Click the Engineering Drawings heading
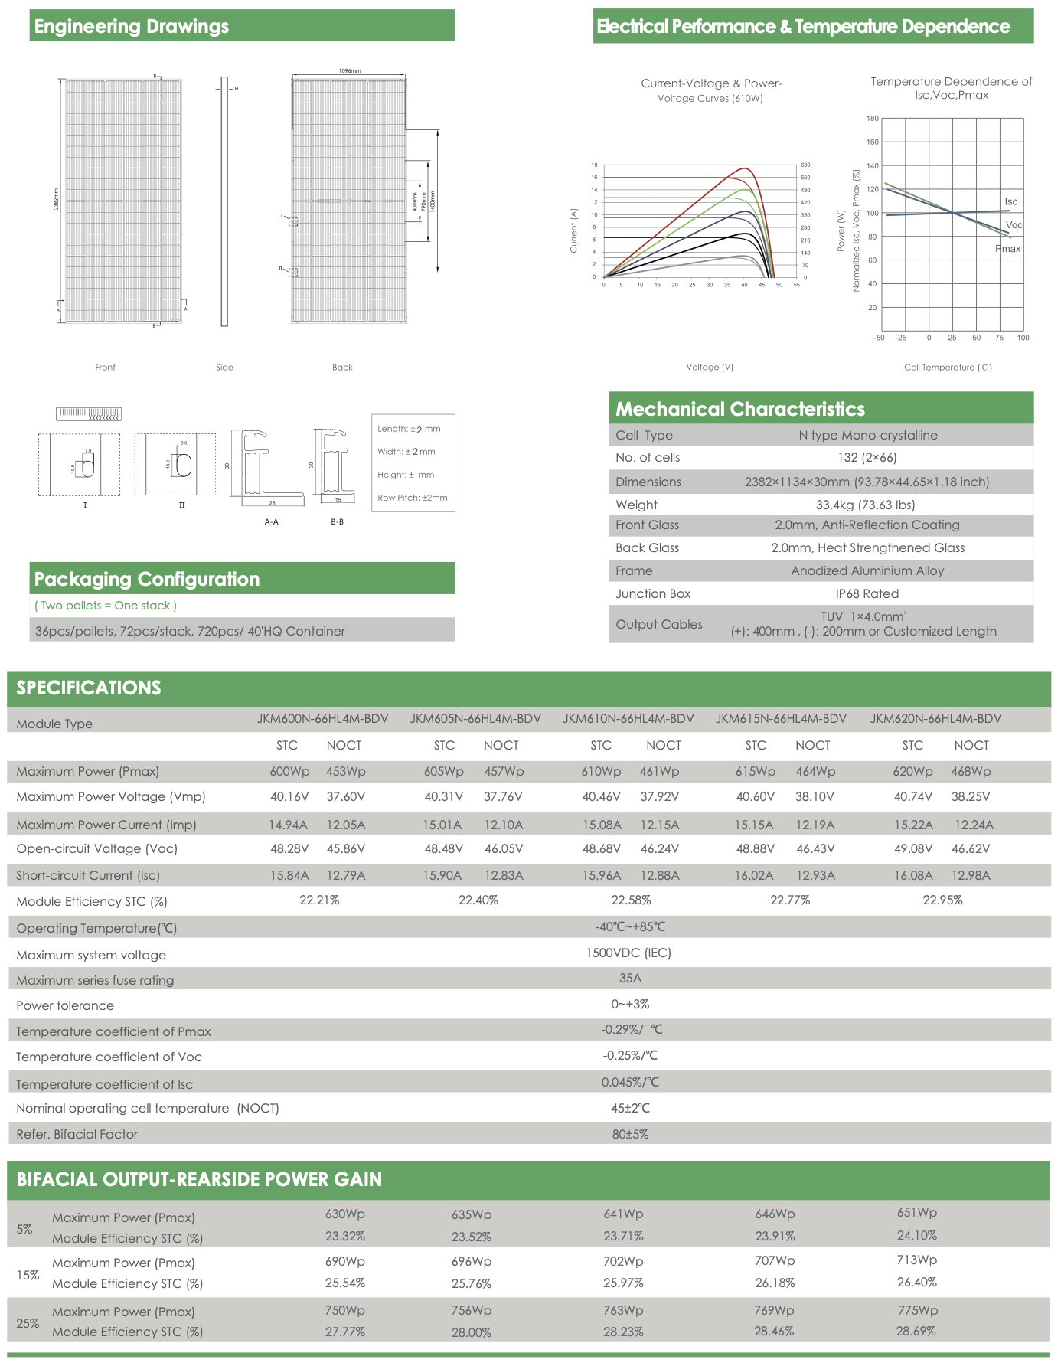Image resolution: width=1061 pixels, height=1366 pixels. (x=131, y=26)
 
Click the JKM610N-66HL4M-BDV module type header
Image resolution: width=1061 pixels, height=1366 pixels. (x=628, y=718)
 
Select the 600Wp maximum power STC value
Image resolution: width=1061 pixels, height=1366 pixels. (x=289, y=771)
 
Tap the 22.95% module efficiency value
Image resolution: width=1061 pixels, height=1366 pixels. (x=942, y=900)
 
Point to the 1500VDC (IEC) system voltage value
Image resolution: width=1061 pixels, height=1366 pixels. (x=628, y=953)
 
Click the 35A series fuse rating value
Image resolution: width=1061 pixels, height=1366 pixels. (x=630, y=978)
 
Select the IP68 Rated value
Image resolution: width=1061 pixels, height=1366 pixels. (x=867, y=593)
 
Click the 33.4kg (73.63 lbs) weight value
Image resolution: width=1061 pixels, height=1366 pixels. (x=865, y=505)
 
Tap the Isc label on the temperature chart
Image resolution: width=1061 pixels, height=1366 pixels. (x=1010, y=201)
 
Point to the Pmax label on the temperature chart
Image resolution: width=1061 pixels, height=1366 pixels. (x=1007, y=248)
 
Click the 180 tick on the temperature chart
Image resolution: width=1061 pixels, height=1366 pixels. (x=872, y=119)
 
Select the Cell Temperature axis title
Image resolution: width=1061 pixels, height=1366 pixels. (x=947, y=368)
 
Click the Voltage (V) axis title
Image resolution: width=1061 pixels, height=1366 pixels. (x=710, y=368)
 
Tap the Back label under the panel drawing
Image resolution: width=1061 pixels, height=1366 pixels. (x=342, y=368)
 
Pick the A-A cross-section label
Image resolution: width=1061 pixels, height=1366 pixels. (x=271, y=521)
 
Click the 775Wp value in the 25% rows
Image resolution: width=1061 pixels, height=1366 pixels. (x=917, y=1310)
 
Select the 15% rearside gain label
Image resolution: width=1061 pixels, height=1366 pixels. (x=28, y=1275)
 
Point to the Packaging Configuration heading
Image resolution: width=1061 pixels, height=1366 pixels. (x=146, y=579)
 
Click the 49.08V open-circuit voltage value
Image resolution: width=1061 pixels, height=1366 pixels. (x=912, y=848)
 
